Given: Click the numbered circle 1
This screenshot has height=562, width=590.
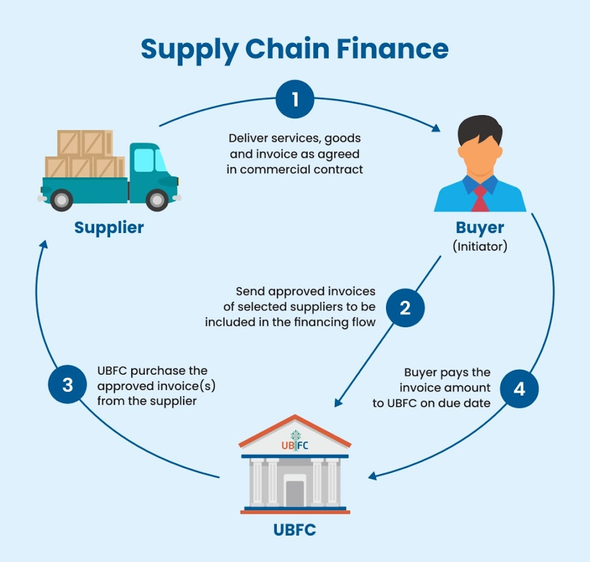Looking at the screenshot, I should pyautogui.click(x=295, y=99).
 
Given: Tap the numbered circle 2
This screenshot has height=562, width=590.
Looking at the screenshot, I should pyautogui.click(x=405, y=308).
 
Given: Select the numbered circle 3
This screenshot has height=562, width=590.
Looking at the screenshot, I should pyautogui.click(x=68, y=384).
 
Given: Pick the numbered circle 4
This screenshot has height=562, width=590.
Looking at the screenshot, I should pyautogui.click(x=519, y=389).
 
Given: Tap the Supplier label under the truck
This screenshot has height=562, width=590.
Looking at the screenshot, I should pyautogui.click(x=109, y=227).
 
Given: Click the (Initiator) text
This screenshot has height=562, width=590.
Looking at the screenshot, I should pyautogui.click(x=480, y=246).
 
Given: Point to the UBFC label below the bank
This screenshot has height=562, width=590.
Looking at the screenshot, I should pyautogui.click(x=295, y=530).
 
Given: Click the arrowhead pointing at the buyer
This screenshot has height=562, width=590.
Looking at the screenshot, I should pyautogui.click(x=436, y=129).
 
